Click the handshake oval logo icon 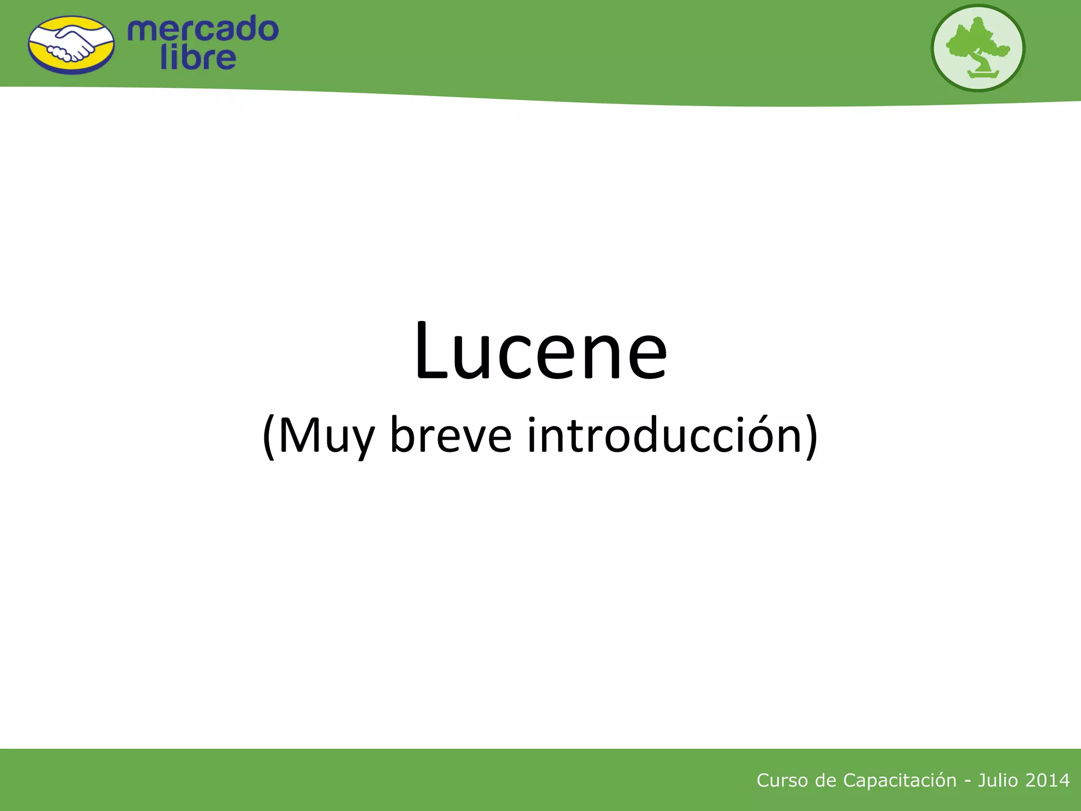point(71,45)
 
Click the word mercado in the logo point(203,30)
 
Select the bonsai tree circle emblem point(978,48)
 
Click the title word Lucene point(540,351)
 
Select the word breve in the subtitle point(450,436)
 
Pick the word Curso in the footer point(783,780)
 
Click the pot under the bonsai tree point(983,74)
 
